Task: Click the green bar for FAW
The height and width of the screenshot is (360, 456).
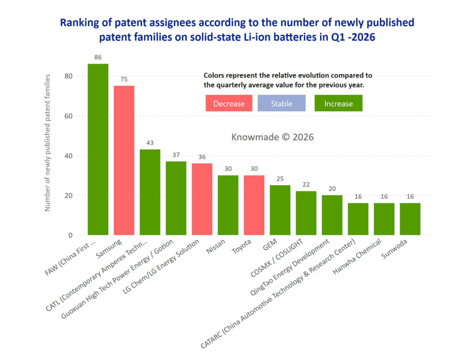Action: [98, 149]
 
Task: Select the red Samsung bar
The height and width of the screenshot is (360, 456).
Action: [124, 160]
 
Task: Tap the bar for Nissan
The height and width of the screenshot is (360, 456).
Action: [228, 205]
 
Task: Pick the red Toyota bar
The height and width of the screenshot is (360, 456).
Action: [254, 205]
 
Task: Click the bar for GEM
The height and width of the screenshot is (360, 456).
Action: [280, 210]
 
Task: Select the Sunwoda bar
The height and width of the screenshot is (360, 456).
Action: [410, 219]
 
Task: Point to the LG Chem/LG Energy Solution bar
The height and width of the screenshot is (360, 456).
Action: [202, 199]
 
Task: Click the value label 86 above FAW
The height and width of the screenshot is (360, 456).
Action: [98, 57]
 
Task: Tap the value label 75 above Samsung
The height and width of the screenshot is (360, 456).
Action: [124, 79]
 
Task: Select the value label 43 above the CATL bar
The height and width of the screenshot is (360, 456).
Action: [150, 142]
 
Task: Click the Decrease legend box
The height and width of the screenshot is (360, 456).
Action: [229, 104]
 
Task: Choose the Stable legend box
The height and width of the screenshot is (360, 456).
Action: [282, 104]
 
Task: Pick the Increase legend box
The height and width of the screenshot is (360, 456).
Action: [338, 104]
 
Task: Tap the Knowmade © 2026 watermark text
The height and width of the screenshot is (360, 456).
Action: [272, 137]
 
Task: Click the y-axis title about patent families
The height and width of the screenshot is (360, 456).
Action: [47, 143]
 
